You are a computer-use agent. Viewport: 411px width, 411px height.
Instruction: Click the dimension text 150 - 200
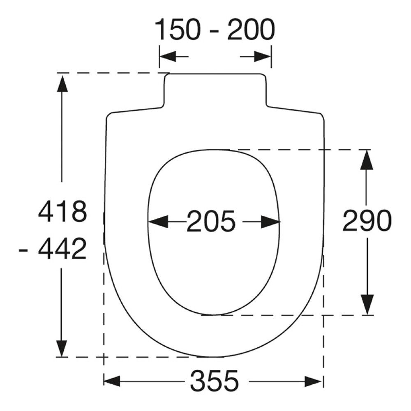(215, 30)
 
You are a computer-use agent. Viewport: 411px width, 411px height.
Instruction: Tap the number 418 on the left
(62, 211)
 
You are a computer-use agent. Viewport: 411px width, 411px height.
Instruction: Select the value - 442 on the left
(53, 249)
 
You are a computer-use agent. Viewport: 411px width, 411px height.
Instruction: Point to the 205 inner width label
(211, 222)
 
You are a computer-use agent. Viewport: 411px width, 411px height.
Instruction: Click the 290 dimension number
(367, 220)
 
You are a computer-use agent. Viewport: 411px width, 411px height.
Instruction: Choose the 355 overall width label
(215, 380)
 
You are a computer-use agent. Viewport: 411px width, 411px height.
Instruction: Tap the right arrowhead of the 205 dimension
(270, 222)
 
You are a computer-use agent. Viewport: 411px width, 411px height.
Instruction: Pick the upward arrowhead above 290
(367, 160)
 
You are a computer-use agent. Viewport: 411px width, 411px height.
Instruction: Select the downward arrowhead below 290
(367, 304)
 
